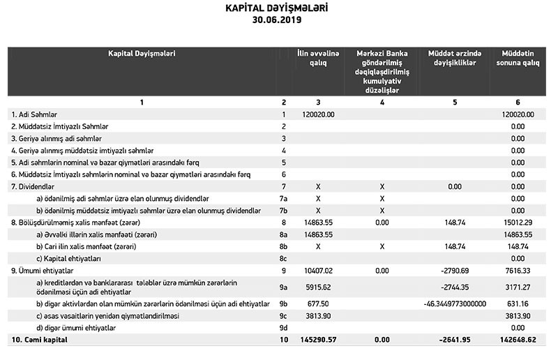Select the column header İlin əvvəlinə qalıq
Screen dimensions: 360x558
coord(318,58)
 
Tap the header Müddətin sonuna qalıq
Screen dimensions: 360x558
coord(517,58)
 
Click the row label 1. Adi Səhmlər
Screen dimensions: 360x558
coord(33,114)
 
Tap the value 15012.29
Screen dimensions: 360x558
coord(517,223)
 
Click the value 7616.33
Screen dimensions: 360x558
coord(517,271)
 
